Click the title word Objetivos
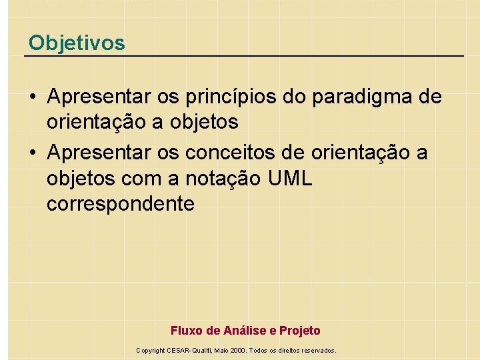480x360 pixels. point(77,43)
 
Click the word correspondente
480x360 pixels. point(121,204)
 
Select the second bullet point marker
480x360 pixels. point(32,153)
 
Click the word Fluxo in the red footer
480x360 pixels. point(185,331)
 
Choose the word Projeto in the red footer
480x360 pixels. point(300,331)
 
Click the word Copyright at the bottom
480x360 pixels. point(151,351)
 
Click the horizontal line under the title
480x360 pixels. point(244,55)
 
